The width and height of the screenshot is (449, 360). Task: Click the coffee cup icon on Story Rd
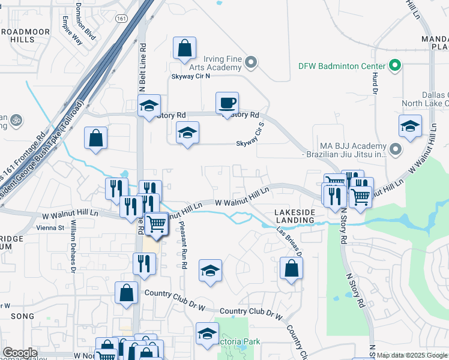(227, 103)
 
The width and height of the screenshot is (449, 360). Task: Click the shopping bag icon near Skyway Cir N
(185, 49)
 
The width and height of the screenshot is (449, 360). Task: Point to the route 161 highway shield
(122, 19)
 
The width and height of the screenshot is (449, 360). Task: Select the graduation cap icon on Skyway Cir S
(187, 133)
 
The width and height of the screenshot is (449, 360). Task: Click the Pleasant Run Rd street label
(182, 244)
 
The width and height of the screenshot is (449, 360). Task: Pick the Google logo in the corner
(20, 353)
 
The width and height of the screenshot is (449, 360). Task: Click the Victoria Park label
(240, 342)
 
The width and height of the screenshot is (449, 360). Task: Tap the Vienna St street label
(51, 228)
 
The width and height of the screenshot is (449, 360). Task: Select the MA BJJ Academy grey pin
(395, 148)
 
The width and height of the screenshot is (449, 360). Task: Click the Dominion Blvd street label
(86, 21)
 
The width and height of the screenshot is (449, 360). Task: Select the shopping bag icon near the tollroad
(95, 138)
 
